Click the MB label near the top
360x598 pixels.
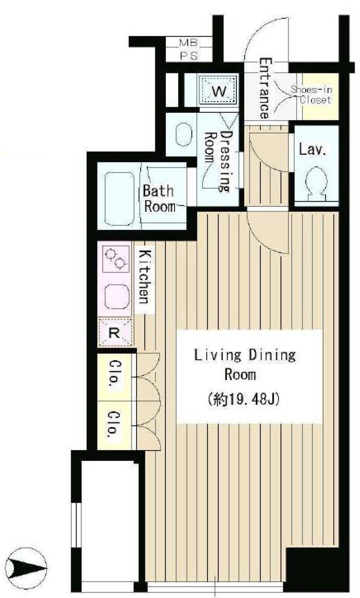[x=189, y=43]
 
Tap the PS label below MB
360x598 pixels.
[x=189, y=56]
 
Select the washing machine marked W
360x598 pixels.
[x=219, y=91]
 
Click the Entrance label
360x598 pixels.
[x=264, y=88]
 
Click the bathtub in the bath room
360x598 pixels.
[x=119, y=199]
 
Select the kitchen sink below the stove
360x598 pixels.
[x=117, y=296]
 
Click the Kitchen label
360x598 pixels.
[x=144, y=276]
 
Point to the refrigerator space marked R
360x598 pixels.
[x=115, y=332]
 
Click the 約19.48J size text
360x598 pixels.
[x=245, y=399]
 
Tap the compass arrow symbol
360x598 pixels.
[x=28, y=568]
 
